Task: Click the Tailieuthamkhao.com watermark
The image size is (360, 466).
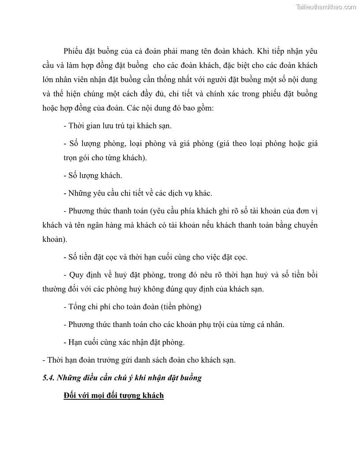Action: pyautogui.click(x=326, y=7)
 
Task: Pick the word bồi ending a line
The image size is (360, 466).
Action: pyautogui.click(x=312, y=274)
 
